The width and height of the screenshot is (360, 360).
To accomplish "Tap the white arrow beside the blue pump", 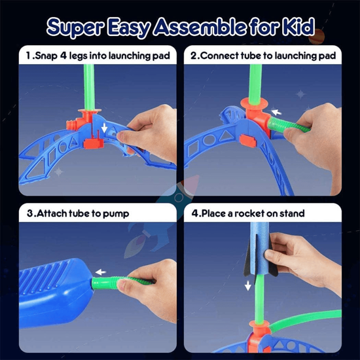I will [x=100, y=272].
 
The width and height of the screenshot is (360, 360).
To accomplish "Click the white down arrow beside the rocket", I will [x=248, y=285].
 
